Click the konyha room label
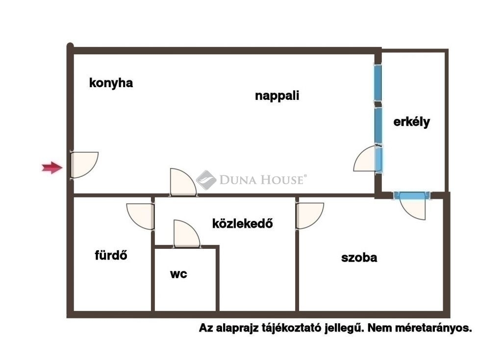[111, 83]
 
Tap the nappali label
[277, 96]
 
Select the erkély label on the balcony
[411, 122]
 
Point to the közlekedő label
[242, 223]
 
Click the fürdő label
[111, 255]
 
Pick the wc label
[178, 274]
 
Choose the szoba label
[359, 258]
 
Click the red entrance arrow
[52, 168]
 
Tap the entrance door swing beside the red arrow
[84, 165]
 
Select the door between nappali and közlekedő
[183, 182]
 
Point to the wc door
[187, 234]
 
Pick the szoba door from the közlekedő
[310, 216]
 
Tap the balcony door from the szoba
[412, 206]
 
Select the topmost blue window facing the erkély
[378, 83]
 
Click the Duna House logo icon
[206, 180]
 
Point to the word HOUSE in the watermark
[282, 180]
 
